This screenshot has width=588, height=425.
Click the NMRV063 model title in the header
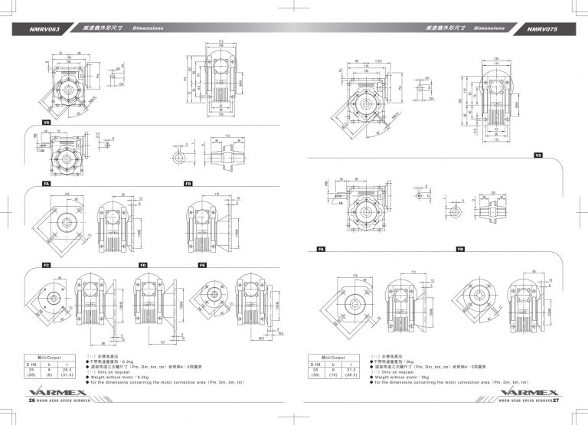coord(45,28)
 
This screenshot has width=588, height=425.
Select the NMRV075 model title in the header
coord(544,28)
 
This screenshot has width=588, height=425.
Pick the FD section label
coord(142,264)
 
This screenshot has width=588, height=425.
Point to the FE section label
coord(202,264)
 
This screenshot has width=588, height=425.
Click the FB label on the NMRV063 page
coord(188,184)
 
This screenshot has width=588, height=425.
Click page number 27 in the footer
coord(557,400)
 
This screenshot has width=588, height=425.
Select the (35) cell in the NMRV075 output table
coord(314,375)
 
